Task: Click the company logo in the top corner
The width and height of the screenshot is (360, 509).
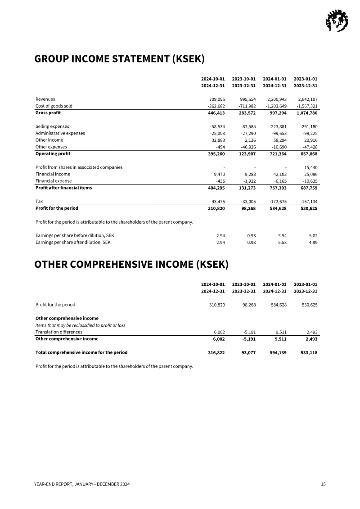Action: pyautogui.click(x=337, y=21)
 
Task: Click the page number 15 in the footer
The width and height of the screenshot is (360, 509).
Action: pyautogui.click(x=323, y=484)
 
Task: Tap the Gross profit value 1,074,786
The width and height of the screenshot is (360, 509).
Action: pyautogui.click(x=307, y=113)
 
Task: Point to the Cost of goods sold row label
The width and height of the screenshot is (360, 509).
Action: pyautogui.click(x=54, y=106)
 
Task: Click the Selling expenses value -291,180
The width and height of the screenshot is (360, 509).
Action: pyautogui.click(x=307, y=126)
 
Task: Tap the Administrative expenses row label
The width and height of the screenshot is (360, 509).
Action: pyautogui.click(x=60, y=133)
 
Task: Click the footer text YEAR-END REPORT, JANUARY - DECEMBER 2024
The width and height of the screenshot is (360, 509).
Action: pyautogui.click(x=82, y=484)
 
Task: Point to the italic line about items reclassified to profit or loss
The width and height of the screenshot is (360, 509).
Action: pyautogui.click(x=81, y=325)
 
